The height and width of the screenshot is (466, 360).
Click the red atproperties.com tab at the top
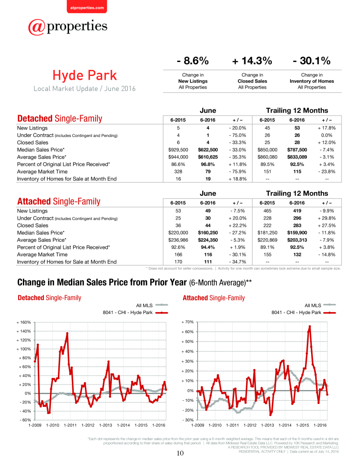point(87,7)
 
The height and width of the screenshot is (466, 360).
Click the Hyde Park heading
point(85,75)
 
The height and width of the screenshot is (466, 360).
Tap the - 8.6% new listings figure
point(193,61)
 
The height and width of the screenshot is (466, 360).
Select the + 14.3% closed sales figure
point(252,61)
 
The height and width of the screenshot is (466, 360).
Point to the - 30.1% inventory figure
point(312,61)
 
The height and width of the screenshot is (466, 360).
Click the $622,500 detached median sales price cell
point(208,150)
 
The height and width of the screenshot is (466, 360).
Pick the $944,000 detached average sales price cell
point(178,157)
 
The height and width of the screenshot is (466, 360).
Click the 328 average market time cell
point(178,171)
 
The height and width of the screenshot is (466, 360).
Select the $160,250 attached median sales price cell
point(208,233)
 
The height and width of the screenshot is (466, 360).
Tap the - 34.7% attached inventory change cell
point(238,262)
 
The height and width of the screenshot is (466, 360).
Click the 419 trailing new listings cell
point(297,211)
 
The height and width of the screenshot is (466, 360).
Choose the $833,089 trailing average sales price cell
point(297,157)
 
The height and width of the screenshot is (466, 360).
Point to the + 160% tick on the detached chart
point(24,322)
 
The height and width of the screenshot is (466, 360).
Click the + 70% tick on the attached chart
point(188,322)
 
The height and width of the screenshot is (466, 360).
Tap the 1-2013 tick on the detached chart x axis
point(105,425)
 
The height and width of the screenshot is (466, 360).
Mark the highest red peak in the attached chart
point(310,326)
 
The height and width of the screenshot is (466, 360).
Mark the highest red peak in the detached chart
point(67,333)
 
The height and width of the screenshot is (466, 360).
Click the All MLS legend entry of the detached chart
point(152,305)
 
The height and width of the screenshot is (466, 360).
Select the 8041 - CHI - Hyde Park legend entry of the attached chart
point(304,312)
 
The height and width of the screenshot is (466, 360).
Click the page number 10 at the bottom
point(180,453)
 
